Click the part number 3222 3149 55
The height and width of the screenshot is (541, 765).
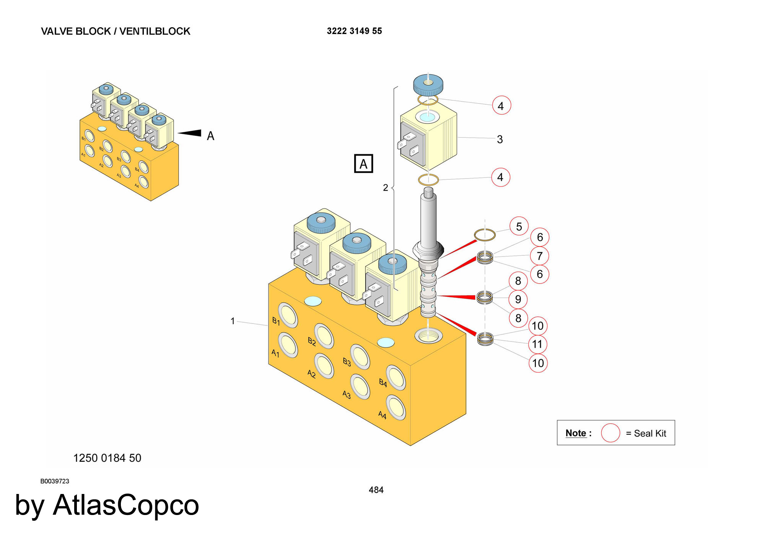354,31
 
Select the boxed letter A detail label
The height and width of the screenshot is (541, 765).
363,164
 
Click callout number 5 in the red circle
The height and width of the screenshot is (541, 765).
519,226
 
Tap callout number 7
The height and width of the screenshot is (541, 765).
539,256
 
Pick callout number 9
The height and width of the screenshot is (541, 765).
518,299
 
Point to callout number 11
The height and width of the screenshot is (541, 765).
537,344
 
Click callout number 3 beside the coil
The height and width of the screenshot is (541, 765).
500,139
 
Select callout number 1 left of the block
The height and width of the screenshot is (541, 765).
233,321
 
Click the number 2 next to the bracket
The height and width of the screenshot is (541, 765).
386,187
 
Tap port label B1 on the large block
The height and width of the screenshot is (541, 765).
276,321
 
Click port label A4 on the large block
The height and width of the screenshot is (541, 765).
382,415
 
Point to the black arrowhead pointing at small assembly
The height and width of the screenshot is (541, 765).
190,133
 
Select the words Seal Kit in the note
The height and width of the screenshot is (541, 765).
650,433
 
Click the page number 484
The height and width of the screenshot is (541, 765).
376,490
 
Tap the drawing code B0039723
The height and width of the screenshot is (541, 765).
55,481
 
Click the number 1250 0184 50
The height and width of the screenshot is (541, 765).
107,458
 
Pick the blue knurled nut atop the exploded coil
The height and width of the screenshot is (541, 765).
428,85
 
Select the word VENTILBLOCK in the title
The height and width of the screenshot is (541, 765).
155,31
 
